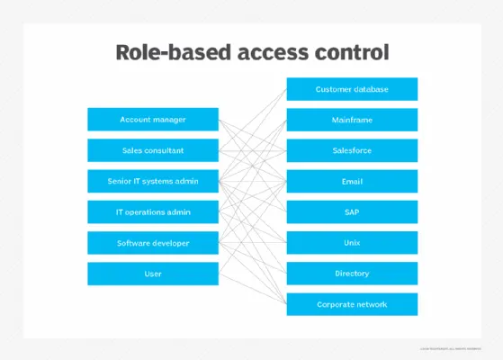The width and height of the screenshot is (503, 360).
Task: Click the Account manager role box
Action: click(x=153, y=120)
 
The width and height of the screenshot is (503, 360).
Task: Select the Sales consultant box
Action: click(x=153, y=150)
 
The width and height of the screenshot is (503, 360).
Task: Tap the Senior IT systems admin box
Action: click(x=153, y=181)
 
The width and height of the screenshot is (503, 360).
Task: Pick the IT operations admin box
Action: click(x=153, y=212)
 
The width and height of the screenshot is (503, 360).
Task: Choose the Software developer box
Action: click(x=153, y=243)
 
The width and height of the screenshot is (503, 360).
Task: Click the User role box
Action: click(x=153, y=274)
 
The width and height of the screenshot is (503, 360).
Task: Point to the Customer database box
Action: click(x=352, y=89)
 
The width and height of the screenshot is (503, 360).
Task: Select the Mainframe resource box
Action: click(x=352, y=120)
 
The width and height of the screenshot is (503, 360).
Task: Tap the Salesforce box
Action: click(x=352, y=150)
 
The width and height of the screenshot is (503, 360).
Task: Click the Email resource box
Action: click(x=352, y=181)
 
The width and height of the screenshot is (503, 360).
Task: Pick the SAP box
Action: click(x=352, y=212)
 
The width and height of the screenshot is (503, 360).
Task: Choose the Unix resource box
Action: click(x=352, y=243)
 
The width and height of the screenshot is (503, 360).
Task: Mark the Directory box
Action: click(x=352, y=274)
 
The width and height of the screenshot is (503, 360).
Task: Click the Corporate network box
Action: click(x=352, y=304)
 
